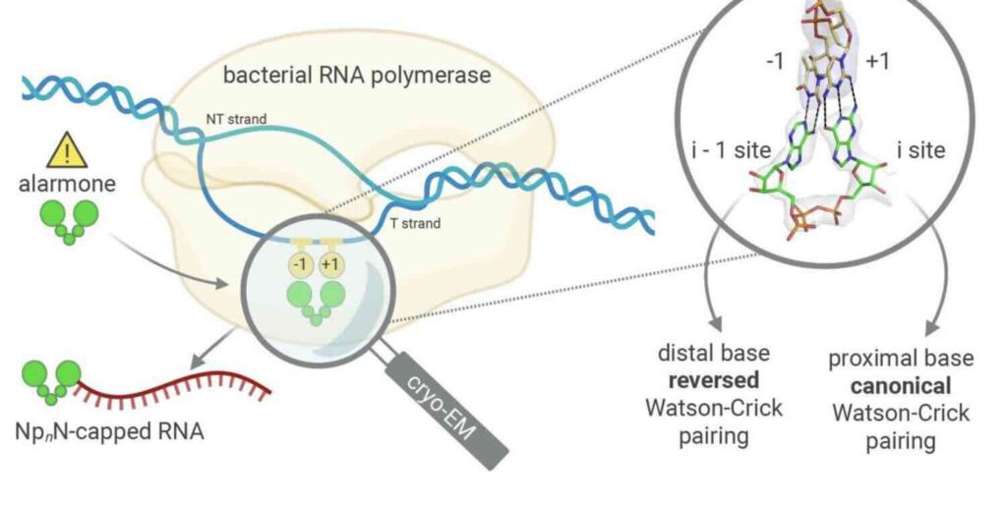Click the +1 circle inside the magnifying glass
[x=331, y=263]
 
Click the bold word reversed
[x=721, y=379]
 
